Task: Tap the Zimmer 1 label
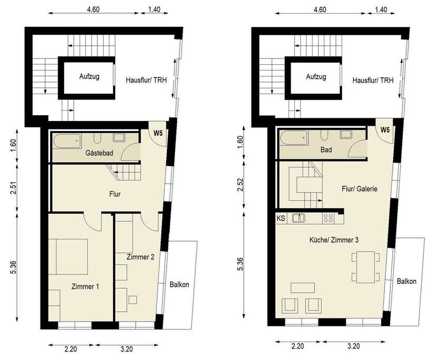pos(85,287)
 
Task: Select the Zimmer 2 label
pos(140,257)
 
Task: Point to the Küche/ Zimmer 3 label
pos(334,240)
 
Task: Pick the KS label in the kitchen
pos(281,217)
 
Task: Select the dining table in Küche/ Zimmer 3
pos(365,266)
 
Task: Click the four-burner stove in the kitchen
pos(330,217)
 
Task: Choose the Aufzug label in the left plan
pos(89,77)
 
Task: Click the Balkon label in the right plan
pos(407,282)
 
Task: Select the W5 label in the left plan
pos(158,133)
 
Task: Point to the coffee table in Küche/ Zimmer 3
pos(303,287)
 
